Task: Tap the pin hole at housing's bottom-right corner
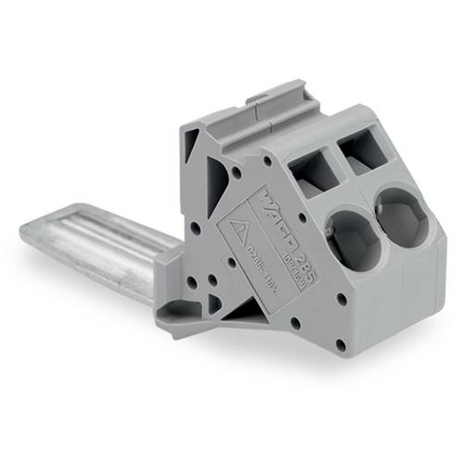(x=340, y=344)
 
